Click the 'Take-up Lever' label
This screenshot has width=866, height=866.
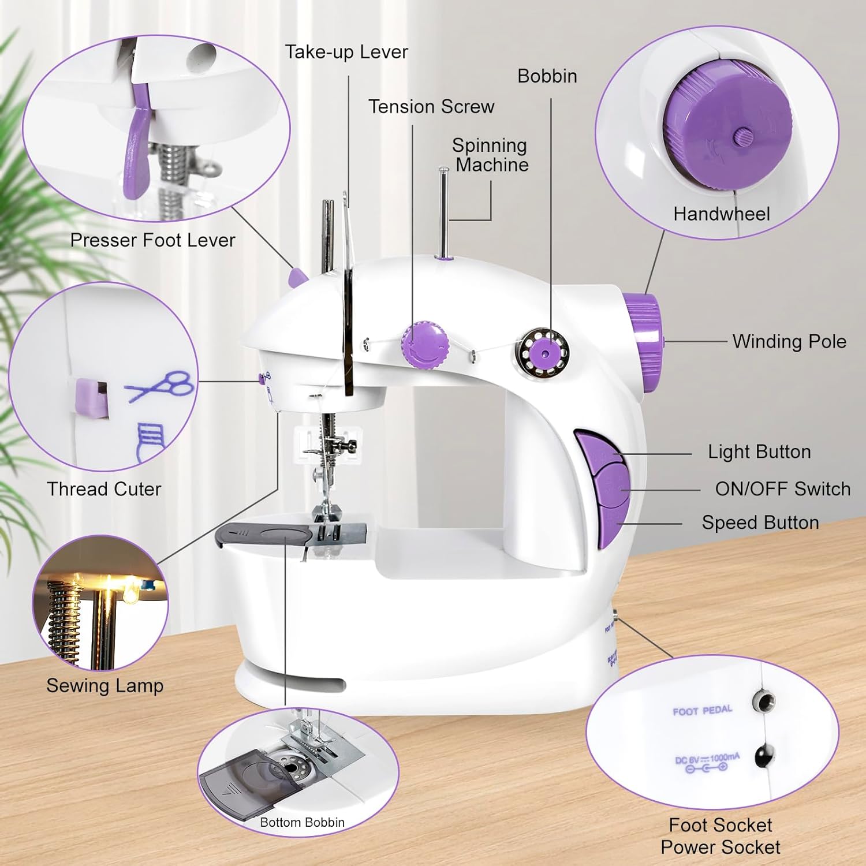346,53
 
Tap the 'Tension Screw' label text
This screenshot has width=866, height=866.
431,107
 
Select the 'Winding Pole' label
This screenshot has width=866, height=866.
789,341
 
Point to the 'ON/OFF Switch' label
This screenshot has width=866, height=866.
783,489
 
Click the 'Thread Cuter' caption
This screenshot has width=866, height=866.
104,489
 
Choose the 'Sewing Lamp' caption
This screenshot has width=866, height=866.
105,686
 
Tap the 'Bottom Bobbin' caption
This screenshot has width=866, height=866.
302,822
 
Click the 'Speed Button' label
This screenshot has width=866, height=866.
760,522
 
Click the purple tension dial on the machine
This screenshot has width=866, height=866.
426,345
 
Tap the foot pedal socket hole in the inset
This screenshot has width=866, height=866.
762,702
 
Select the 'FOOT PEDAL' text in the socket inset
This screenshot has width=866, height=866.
703,710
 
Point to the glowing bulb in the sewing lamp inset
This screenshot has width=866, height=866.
132,592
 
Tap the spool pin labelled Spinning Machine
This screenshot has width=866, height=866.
443,214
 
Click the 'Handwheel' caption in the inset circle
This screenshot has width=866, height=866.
722,214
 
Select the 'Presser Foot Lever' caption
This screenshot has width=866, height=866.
153,240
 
